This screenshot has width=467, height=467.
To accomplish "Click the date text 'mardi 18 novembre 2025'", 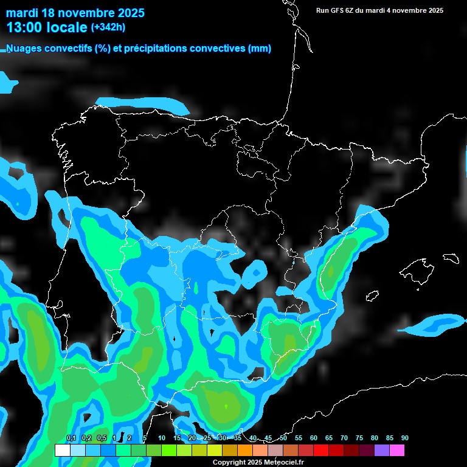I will (75, 13).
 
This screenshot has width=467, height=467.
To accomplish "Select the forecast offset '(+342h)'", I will (108, 27).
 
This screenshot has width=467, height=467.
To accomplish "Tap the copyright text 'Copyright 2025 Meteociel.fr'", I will (258, 463).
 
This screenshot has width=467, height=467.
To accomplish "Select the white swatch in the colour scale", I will (62, 451).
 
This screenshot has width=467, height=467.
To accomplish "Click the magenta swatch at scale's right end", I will (397, 451).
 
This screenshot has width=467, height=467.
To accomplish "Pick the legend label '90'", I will (405, 438).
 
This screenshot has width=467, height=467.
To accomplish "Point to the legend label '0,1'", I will (71, 438).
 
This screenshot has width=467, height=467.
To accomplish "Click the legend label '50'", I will (283, 438).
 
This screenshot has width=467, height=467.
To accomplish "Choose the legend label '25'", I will (207, 438).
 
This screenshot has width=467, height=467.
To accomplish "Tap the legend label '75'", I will (359, 438).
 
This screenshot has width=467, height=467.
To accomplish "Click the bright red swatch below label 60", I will (320, 451).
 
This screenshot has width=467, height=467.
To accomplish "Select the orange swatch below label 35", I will (244, 451).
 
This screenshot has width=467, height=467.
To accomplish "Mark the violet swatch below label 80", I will (381, 451).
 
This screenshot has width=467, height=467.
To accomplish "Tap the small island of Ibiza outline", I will (372, 296).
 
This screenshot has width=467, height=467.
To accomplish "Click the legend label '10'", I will (162, 438).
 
